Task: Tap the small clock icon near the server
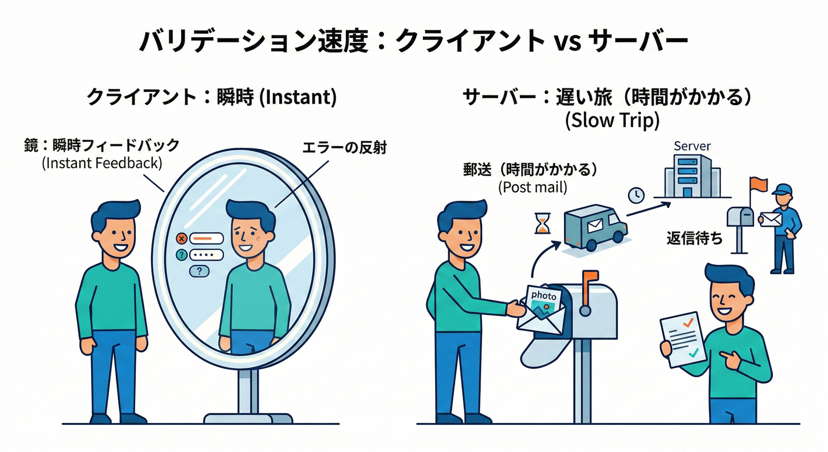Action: coord(636,195)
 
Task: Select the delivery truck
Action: coord(594,227)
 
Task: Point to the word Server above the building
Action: coord(692,146)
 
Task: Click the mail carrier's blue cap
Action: coord(783,190)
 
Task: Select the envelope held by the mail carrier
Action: coord(770,219)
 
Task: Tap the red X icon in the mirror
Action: coord(181,238)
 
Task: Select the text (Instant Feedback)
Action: coord(102,162)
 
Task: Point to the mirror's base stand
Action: coord(248,417)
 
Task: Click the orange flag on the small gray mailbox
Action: coord(757,184)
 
